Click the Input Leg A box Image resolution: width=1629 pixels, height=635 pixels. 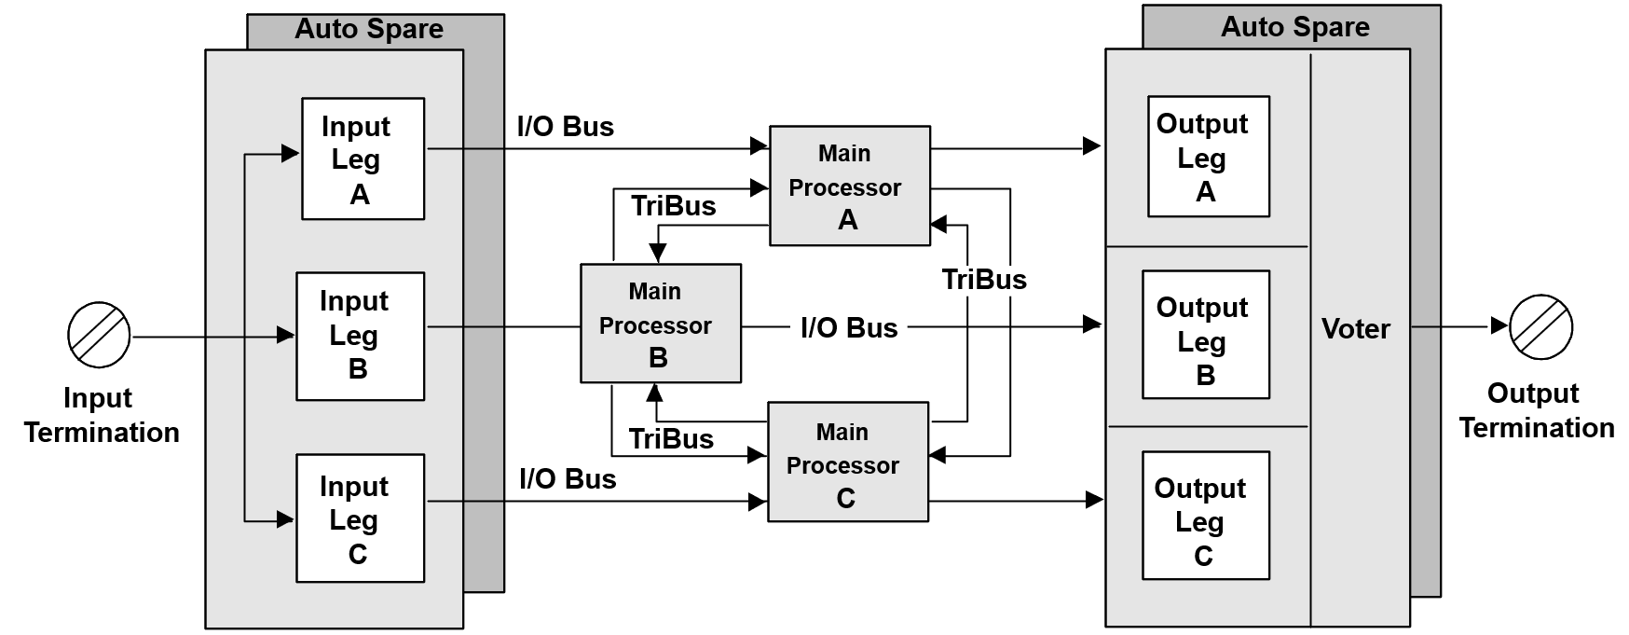[x=363, y=159]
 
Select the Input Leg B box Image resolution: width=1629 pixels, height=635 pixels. [x=360, y=336]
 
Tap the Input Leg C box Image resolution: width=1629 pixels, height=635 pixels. [x=360, y=518]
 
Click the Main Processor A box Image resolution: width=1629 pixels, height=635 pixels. [x=849, y=186]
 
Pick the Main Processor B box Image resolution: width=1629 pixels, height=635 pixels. [x=661, y=324]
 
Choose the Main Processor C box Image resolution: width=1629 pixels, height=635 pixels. [x=847, y=462]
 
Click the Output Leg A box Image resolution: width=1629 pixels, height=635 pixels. [x=1208, y=157]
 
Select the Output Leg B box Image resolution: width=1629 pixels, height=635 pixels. [x=1206, y=335]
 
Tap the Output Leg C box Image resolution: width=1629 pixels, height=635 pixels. [x=1206, y=516]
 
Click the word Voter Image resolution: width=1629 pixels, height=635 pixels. [x=1355, y=328]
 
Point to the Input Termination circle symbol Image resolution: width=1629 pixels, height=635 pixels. [x=99, y=335]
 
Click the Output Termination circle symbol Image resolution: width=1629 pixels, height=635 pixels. [x=1540, y=326]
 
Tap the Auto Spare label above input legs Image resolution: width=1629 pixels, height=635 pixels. [x=369, y=29]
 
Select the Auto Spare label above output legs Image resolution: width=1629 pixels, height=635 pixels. [x=1294, y=27]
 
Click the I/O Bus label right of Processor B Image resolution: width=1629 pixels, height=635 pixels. [x=849, y=328]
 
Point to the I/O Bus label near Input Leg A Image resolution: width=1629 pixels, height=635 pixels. [x=566, y=127]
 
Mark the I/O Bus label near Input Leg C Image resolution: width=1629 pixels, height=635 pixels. [x=568, y=479]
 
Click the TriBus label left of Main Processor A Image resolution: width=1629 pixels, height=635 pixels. [x=673, y=206]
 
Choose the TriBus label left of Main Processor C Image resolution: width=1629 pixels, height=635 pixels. [x=671, y=439]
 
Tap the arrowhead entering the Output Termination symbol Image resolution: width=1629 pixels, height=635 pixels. [x=1499, y=326]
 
